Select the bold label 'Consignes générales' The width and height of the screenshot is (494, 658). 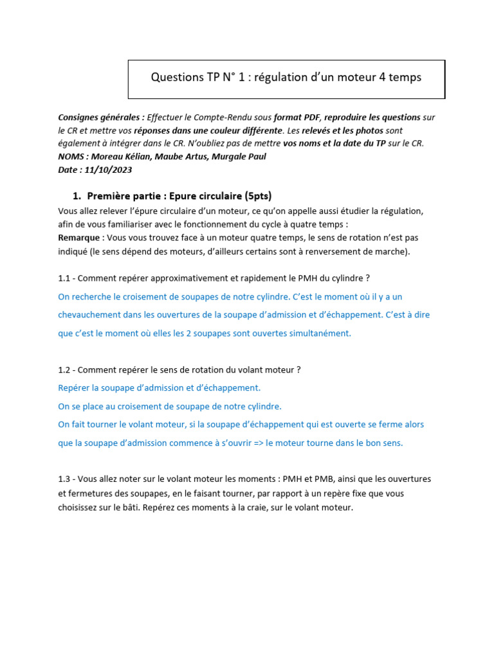pos(100,118)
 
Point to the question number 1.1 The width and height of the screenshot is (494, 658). pos(65,278)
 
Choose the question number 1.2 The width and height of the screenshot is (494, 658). pos(65,370)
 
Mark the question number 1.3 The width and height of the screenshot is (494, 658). pos(65,479)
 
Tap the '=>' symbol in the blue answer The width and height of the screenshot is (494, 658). pos(256,443)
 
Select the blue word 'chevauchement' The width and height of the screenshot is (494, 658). pos(90,315)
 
